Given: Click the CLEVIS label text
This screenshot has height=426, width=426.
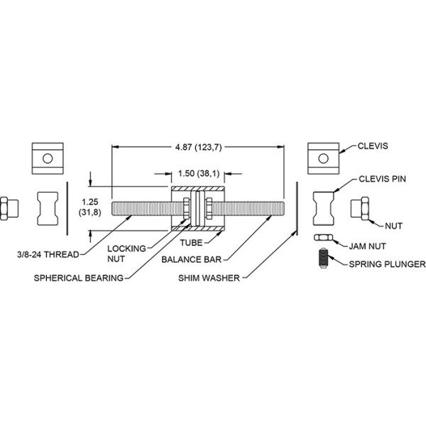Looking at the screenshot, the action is tap(373, 146).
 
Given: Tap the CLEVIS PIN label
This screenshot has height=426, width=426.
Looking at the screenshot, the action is tap(382, 179).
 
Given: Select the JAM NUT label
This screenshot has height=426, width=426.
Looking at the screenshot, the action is tap(367, 246).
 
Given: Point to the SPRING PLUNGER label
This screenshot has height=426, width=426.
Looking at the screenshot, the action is tap(387, 264).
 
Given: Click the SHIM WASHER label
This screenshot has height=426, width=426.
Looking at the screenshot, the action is tap(209, 278).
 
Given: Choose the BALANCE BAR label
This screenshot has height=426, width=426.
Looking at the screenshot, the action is tap(192, 259).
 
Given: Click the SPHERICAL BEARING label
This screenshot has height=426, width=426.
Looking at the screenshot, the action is tap(79, 278).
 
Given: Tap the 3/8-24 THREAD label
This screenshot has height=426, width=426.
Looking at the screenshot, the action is tap(48, 255).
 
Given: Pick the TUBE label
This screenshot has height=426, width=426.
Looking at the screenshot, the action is tap(191, 243).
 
